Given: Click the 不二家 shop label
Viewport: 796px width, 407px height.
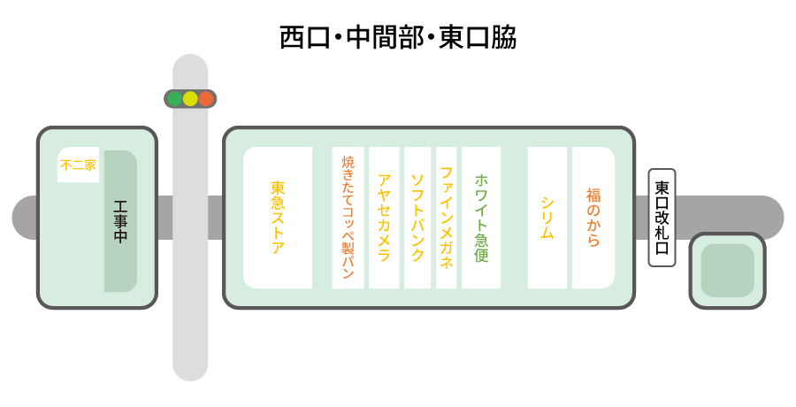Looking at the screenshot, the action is [78, 165].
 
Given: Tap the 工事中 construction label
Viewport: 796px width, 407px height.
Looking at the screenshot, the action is [120, 221].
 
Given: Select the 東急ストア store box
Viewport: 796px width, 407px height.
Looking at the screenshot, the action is [278, 218].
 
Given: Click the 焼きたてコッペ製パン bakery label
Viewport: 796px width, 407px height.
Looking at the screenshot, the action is [348, 218].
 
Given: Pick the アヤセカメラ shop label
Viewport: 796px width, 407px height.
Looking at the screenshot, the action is [385, 218].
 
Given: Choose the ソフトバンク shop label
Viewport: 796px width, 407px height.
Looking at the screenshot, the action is [417, 218].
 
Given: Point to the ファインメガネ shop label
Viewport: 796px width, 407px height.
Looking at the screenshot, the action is [447, 218].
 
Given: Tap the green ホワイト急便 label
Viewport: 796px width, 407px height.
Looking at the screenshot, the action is [481, 218].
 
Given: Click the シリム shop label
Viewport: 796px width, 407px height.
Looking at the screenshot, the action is [547, 218].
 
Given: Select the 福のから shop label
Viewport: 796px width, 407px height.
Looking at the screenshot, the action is [593, 218].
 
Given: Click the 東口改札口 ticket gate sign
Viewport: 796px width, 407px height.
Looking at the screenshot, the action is [662, 218].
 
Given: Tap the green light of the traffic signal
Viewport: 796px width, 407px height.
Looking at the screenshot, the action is [174, 98].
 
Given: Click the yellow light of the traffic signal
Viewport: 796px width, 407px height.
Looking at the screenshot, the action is [190, 98].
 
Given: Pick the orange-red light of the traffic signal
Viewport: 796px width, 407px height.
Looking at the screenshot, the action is [205, 98].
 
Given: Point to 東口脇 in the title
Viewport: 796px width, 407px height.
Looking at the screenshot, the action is [478, 37].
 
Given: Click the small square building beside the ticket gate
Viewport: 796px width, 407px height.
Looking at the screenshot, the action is [728, 271].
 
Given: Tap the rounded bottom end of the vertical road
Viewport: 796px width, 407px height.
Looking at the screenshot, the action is [190, 370].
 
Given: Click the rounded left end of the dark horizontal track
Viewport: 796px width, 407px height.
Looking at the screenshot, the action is [23, 218].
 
